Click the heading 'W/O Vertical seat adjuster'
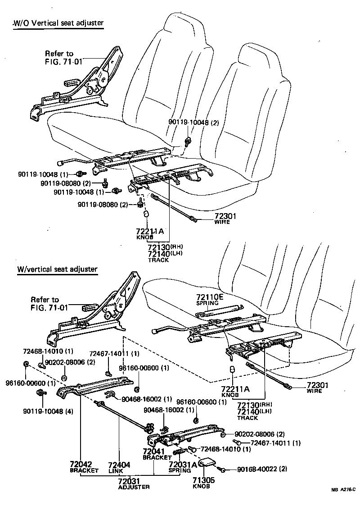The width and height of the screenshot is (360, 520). pyautogui.click(x=58, y=23)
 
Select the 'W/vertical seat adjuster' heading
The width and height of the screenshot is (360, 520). pyautogui.click(x=57, y=269)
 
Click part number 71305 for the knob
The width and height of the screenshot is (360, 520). pyautogui.click(x=204, y=480)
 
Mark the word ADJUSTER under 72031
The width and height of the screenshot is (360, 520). pyautogui.click(x=134, y=487)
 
